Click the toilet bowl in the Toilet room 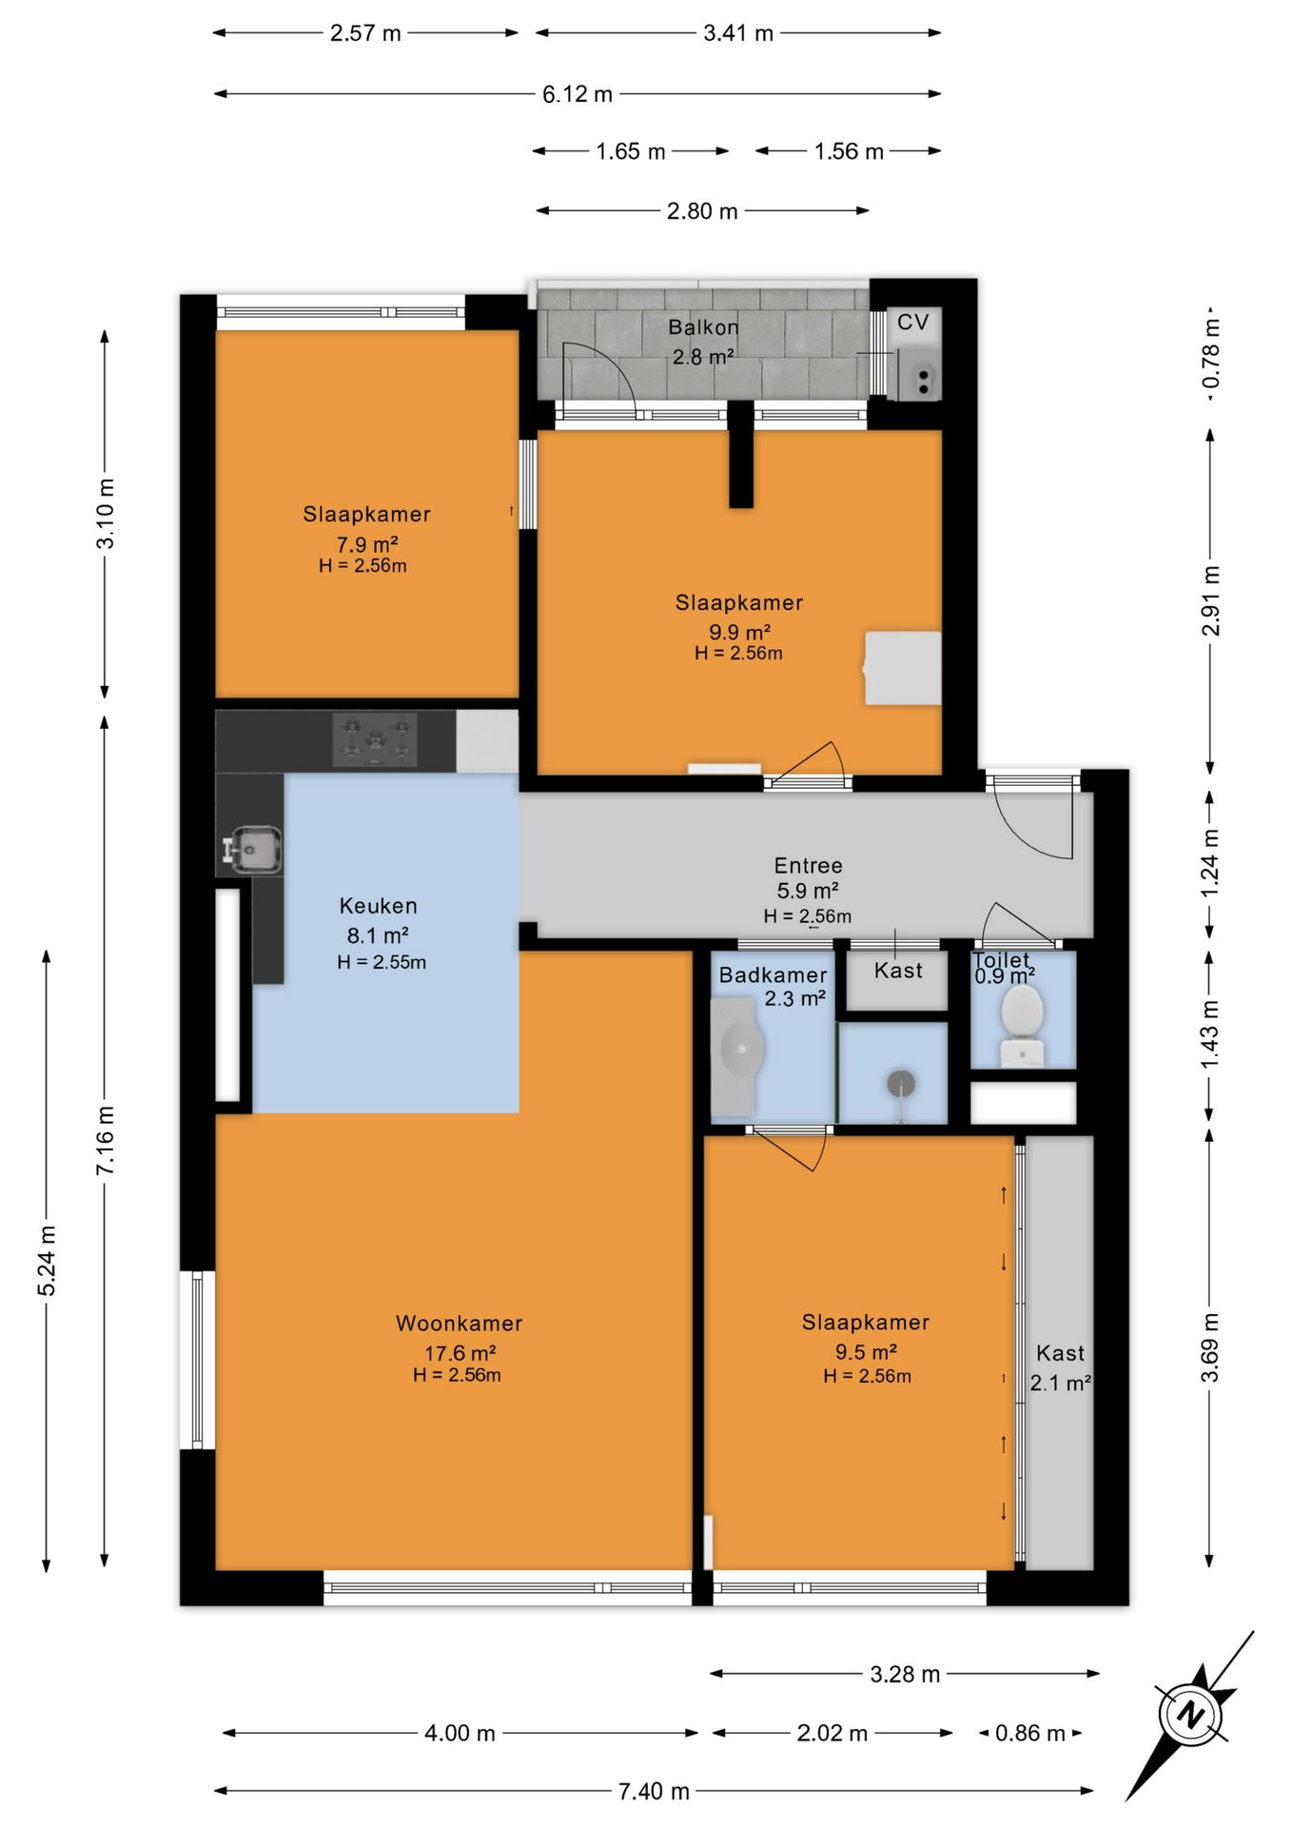(x=1023, y=1025)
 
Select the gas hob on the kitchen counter (x=375, y=739)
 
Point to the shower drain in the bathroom (x=900, y=1083)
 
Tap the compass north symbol (x=1190, y=1715)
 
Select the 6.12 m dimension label (x=577, y=94)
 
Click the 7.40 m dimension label (x=654, y=1791)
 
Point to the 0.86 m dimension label (x=1029, y=1733)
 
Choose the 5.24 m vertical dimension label (x=47, y=1261)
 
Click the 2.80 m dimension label (x=702, y=210)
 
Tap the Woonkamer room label (x=460, y=1323)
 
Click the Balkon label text (x=703, y=327)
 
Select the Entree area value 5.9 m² (x=808, y=891)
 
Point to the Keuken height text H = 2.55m (x=382, y=962)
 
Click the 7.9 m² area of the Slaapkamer (x=367, y=544)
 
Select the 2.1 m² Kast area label (x=1060, y=1383)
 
